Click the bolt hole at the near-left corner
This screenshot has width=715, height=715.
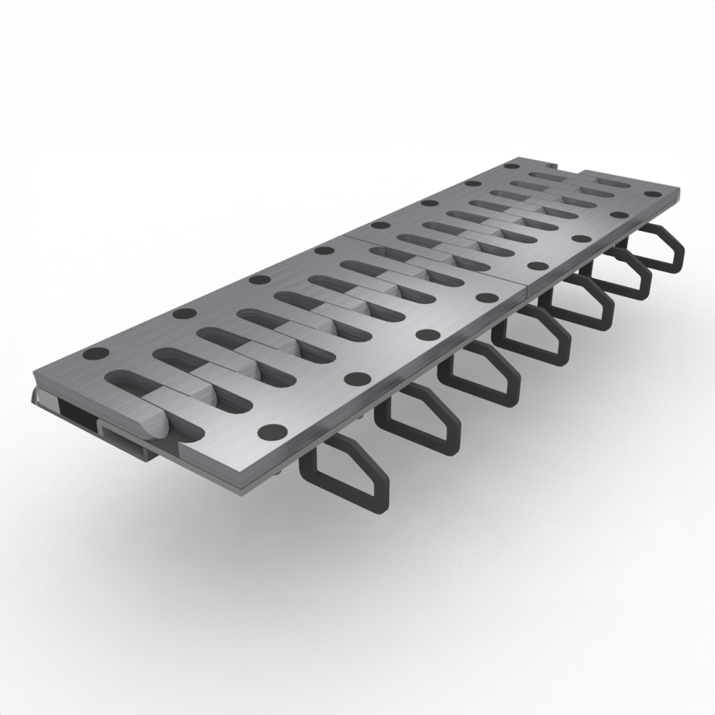click(95, 353)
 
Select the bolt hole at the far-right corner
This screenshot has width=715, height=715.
click(650, 193)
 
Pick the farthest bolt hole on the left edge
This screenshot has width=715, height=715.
click(512, 165)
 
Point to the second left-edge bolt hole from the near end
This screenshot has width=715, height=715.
click(184, 313)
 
